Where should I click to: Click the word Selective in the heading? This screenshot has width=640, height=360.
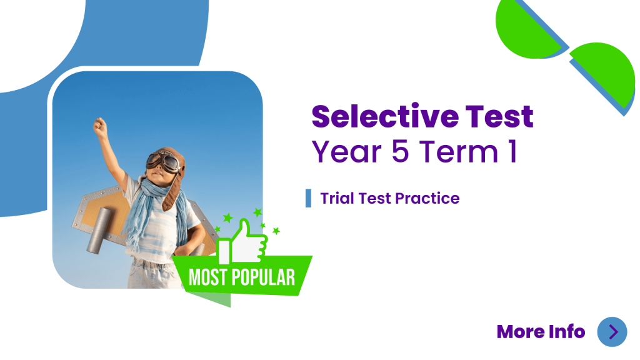tap(385, 116)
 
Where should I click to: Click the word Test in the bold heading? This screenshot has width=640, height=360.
tap(499, 116)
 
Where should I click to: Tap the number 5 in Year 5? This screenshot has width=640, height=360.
tap(400, 151)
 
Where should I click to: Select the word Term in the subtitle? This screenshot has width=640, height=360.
tap(459, 151)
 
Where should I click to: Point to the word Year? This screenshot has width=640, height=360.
tap(347, 151)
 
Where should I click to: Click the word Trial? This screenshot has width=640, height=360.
tap(337, 198)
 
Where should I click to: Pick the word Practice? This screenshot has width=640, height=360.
tap(427, 198)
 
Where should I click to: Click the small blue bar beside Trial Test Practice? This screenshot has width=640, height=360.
tap(308, 198)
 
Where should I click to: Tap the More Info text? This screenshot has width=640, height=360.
tap(541, 331)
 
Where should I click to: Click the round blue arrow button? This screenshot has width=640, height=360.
tap(612, 332)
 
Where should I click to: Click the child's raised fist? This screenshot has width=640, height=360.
tap(99, 127)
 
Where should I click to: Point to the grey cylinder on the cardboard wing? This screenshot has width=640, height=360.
tap(98, 231)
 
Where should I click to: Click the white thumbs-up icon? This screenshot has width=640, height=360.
tap(242, 243)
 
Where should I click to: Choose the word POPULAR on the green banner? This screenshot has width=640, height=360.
tap(263, 277)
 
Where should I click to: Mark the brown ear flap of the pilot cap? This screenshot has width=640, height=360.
tap(172, 192)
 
